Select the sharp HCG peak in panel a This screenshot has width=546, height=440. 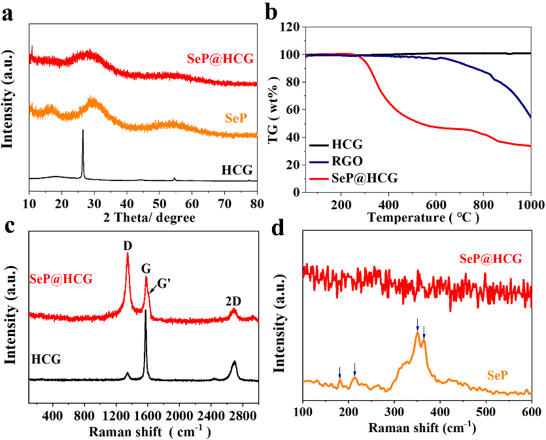(82, 132)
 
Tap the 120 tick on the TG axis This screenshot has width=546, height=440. (291, 27)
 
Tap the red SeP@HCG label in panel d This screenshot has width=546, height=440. (490, 260)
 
